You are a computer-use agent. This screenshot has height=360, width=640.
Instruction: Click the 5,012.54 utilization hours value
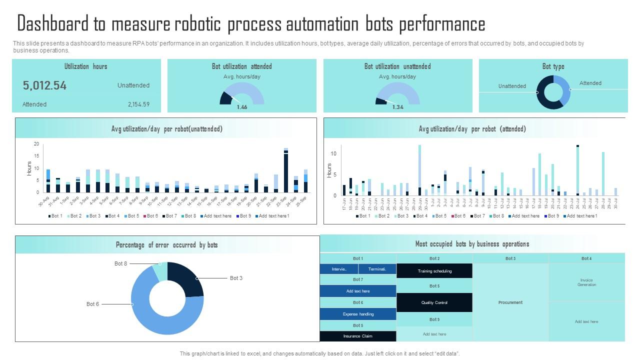(x=44, y=85)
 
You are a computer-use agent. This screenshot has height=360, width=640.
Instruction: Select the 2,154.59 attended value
(x=138, y=104)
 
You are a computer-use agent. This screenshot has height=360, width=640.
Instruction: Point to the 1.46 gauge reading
(x=242, y=107)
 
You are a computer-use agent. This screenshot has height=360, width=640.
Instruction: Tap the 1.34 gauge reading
(x=398, y=107)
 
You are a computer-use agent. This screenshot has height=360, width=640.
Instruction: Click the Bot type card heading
(x=553, y=66)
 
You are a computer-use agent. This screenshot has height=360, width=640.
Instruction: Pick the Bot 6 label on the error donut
(x=92, y=304)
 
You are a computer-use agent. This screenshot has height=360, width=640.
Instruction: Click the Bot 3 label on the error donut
(x=236, y=278)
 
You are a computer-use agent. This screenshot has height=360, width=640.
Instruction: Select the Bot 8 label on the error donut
(x=120, y=263)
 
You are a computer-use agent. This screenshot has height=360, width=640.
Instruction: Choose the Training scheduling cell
(x=434, y=271)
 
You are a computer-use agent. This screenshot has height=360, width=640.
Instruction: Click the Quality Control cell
(x=434, y=302)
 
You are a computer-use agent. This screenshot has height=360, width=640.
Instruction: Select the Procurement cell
(x=510, y=302)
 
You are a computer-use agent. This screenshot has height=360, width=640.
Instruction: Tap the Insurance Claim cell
(x=357, y=336)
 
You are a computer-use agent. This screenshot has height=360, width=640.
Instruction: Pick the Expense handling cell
(x=358, y=314)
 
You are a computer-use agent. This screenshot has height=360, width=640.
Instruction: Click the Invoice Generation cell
(x=586, y=282)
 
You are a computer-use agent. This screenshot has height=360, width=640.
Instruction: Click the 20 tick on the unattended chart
(x=36, y=144)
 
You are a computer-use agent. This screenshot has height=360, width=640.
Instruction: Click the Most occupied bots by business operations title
(x=472, y=244)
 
